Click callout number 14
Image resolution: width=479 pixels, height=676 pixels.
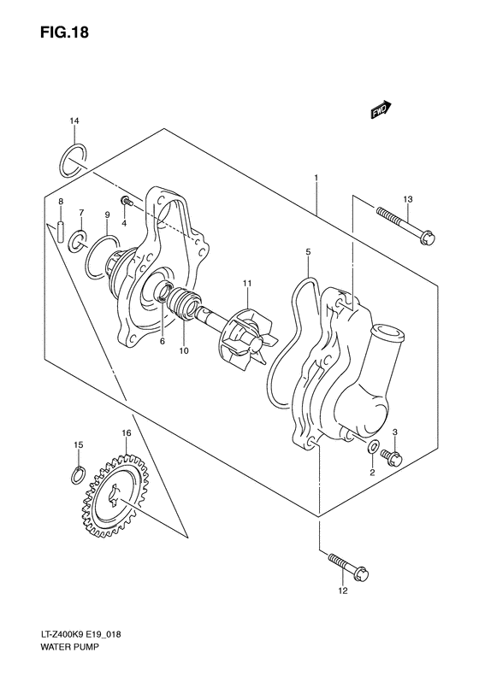click(x=74, y=122)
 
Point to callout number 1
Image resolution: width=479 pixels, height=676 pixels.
click(x=316, y=179)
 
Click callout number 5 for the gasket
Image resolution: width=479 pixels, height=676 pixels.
click(x=308, y=252)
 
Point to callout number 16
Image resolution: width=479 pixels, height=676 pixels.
click(x=126, y=433)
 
